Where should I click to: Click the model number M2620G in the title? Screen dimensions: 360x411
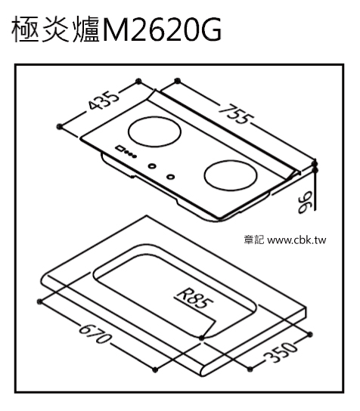[x=162, y=29]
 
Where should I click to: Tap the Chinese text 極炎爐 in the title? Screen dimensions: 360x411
[x=56, y=29]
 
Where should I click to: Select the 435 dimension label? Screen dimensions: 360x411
[x=104, y=100]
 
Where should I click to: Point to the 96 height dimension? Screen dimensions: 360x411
[x=305, y=202]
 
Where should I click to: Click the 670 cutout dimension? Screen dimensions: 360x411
[x=94, y=334]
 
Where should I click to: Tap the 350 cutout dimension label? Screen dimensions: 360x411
[x=281, y=351]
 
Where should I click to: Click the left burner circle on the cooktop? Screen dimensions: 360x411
[x=154, y=131]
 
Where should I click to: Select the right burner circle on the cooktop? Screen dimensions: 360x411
[x=231, y=175]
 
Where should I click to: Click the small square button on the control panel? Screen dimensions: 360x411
[x=120, y=148]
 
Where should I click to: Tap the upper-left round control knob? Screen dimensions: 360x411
[x=152, y=166]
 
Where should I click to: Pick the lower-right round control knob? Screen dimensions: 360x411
[x=171, y=177]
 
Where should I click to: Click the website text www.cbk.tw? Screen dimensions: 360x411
[x=296, y=240]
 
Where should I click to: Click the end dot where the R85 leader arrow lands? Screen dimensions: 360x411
[x=201, y=338]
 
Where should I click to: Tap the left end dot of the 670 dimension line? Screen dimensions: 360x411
[x=40, y=301]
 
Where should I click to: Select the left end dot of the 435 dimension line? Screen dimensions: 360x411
[x=60, y=127]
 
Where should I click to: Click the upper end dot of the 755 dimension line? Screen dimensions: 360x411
[x=178, y=81]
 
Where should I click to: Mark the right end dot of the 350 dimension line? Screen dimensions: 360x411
[x=310, y=334]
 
